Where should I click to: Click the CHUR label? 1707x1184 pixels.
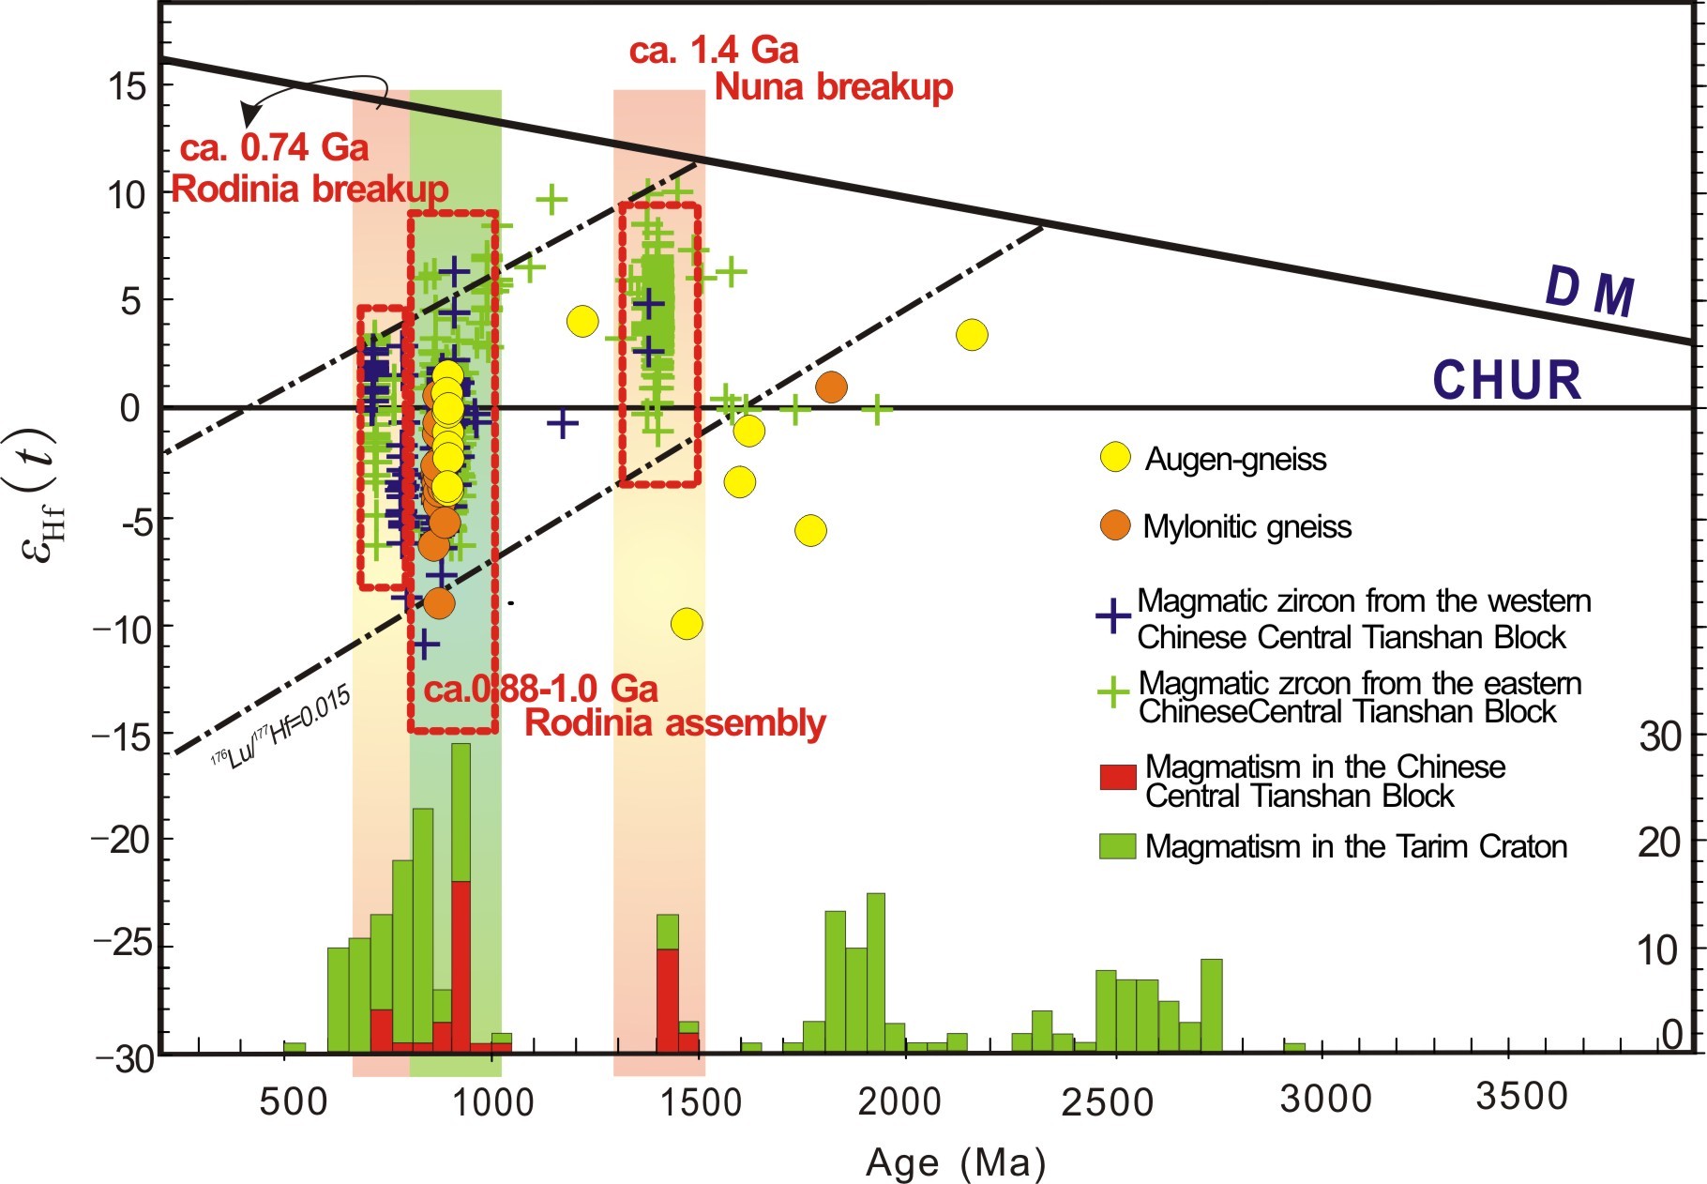(1506, 380)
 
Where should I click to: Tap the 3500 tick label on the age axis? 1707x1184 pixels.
(1521, 1096)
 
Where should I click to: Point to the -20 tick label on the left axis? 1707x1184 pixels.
(121, 840)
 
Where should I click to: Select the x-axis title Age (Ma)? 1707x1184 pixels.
(955, 1163)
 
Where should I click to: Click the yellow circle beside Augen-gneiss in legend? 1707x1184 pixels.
(1115, 459)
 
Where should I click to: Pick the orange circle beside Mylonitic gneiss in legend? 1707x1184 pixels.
(1115, 525)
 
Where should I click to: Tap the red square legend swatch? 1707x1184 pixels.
(1117, 776)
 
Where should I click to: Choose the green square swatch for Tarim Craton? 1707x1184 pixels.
(1117, 845)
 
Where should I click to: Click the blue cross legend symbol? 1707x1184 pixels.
(1113, 616)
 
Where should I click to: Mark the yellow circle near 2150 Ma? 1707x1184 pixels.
(973, 335)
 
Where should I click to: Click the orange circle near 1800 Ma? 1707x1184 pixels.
(831, 387)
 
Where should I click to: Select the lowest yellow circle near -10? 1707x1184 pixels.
(687, 624)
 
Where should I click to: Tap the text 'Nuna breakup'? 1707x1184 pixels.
(833, 87)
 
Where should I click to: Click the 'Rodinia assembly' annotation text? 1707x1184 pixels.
(674, 723)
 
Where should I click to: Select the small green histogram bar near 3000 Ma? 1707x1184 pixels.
(1294, 1046)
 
